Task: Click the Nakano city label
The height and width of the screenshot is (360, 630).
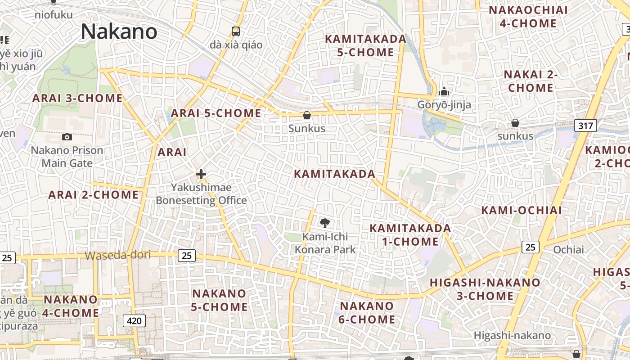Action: (x=119, y=31)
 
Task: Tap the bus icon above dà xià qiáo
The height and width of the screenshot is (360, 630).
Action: (x=236, y=31)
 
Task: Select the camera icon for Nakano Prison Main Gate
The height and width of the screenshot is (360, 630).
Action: (x=67, y=137)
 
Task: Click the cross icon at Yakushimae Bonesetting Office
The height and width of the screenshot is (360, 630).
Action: (x=201, y=174)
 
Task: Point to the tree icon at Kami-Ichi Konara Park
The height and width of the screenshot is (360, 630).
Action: (x=324, y=223)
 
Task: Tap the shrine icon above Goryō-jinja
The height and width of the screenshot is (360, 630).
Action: (x=444, y=91)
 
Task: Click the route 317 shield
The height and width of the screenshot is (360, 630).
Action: (x=585, y=126)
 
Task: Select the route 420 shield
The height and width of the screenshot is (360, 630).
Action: (x=134, y=321)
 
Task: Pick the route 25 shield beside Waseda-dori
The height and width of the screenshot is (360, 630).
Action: (x=187, y=256)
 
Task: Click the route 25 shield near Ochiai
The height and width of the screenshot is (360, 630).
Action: (x=531, y=247)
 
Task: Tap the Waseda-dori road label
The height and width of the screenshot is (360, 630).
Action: (x=118, y=256)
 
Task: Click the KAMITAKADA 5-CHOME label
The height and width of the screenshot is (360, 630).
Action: (x=365, y=45)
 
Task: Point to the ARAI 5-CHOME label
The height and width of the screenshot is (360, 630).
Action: (x=216, y=113)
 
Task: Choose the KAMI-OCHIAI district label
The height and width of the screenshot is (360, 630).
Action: (x=522, y=210)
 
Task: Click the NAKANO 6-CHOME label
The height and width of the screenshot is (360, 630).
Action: (x=367, y=313)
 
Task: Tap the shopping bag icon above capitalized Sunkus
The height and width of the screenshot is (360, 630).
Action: (x=307, y=115)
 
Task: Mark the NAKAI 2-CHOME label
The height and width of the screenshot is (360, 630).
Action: (x=531, y=81)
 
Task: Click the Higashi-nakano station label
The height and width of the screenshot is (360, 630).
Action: (x=512, y=335)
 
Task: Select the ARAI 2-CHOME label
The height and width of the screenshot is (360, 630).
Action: (x=94, y=195)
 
